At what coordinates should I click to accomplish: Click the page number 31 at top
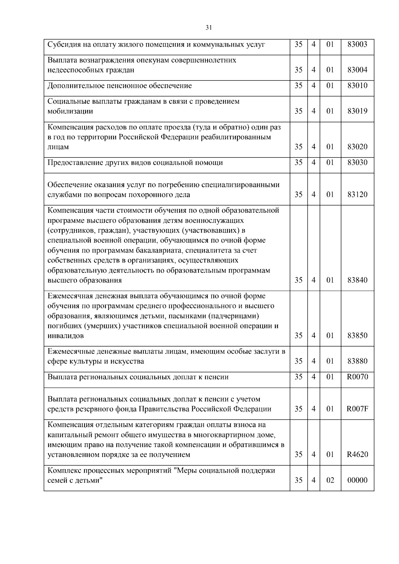click(x=209, y=28)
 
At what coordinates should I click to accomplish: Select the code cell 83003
click(x=357, y=44)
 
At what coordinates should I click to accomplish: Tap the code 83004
click(x=357, y=70)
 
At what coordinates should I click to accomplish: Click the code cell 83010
click(x=357, y=86)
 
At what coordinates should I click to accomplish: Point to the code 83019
click(x=357, y=111)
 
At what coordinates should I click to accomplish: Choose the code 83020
click(x=357, y=147)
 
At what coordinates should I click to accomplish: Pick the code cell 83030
click(x=357, y=163)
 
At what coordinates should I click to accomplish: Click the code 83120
click(x=357, y=194)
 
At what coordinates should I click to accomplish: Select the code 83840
click(x=357, y=280)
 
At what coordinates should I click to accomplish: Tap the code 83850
click(x=357, y=335)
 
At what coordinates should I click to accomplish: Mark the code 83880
click(x=357, y=361)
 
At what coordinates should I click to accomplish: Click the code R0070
click(x=357, y=377)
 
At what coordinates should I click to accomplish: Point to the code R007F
click(x=357, y=409)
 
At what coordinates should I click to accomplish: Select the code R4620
click(x=357, y=454)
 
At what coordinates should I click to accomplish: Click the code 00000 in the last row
click(x=357, y=480)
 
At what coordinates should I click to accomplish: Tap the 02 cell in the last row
click(x=330, y=480)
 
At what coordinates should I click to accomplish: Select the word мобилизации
click(x=70, y=111)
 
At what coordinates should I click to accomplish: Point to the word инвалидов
click(x=66, y=336)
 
